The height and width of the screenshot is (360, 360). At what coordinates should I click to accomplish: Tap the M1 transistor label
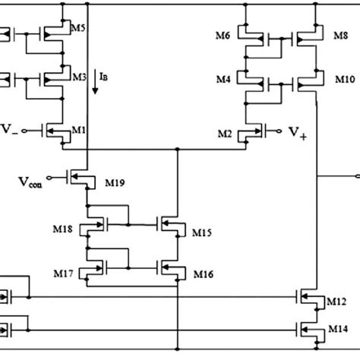78,130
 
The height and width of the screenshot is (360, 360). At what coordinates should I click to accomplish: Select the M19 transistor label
114,184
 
